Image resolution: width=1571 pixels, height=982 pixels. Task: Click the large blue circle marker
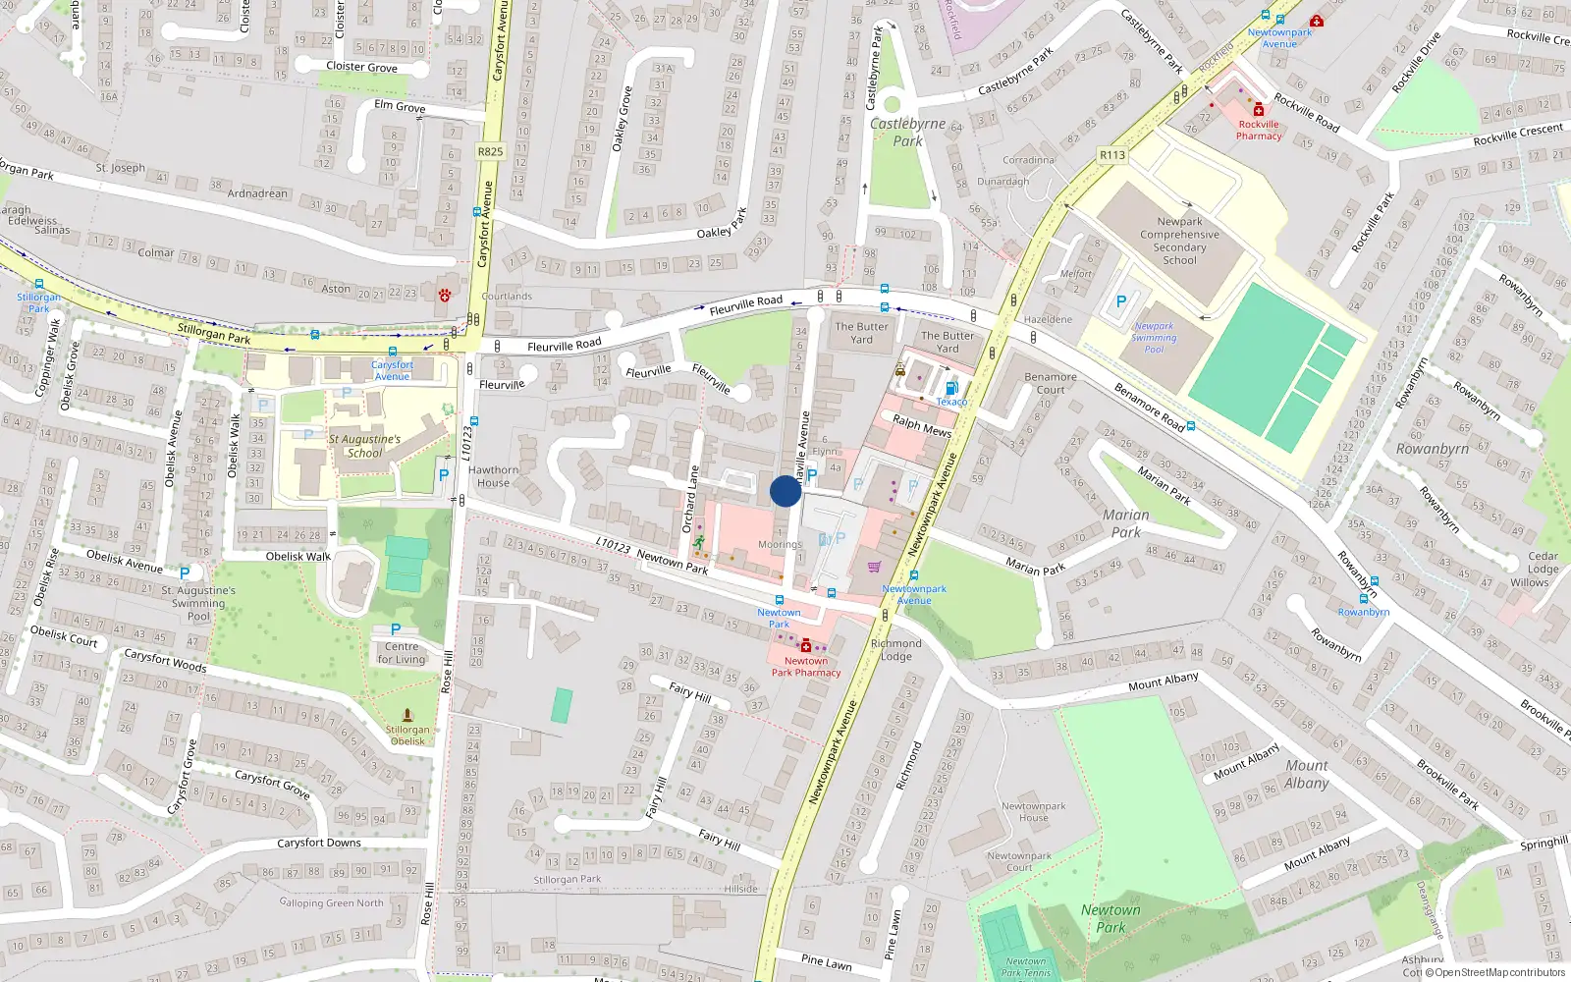(785, 491)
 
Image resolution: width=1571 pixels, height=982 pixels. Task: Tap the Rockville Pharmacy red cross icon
(1259, 110)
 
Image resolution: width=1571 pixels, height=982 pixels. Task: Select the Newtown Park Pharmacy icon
(806, 646)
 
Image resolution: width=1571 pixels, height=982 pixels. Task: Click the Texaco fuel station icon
(951, 389)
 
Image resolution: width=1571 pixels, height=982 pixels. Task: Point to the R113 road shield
(1112, 155)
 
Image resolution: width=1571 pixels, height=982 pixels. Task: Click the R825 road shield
(490, 151)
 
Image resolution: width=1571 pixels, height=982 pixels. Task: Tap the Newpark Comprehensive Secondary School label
(1179, 241)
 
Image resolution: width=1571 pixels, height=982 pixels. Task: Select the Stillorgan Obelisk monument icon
(407, 716)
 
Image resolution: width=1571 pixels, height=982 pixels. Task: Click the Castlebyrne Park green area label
(908, 132)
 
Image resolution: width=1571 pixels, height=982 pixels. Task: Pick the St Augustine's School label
(364, 446)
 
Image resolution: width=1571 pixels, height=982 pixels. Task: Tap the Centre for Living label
(402, 652)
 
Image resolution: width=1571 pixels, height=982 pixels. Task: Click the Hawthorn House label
(493, 476)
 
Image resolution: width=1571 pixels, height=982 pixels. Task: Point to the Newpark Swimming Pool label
(1154, 338)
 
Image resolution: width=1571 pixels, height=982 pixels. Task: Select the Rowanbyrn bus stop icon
(1364, 598)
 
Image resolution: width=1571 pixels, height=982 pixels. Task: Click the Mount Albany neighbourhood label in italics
(1307, 774)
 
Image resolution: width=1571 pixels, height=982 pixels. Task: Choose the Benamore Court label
(1051, 383)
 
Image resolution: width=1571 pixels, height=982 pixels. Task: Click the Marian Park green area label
(1126, 523)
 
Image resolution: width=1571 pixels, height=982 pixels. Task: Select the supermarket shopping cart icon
(874, 567)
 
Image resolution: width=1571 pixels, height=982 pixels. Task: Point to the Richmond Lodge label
(895, 650)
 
